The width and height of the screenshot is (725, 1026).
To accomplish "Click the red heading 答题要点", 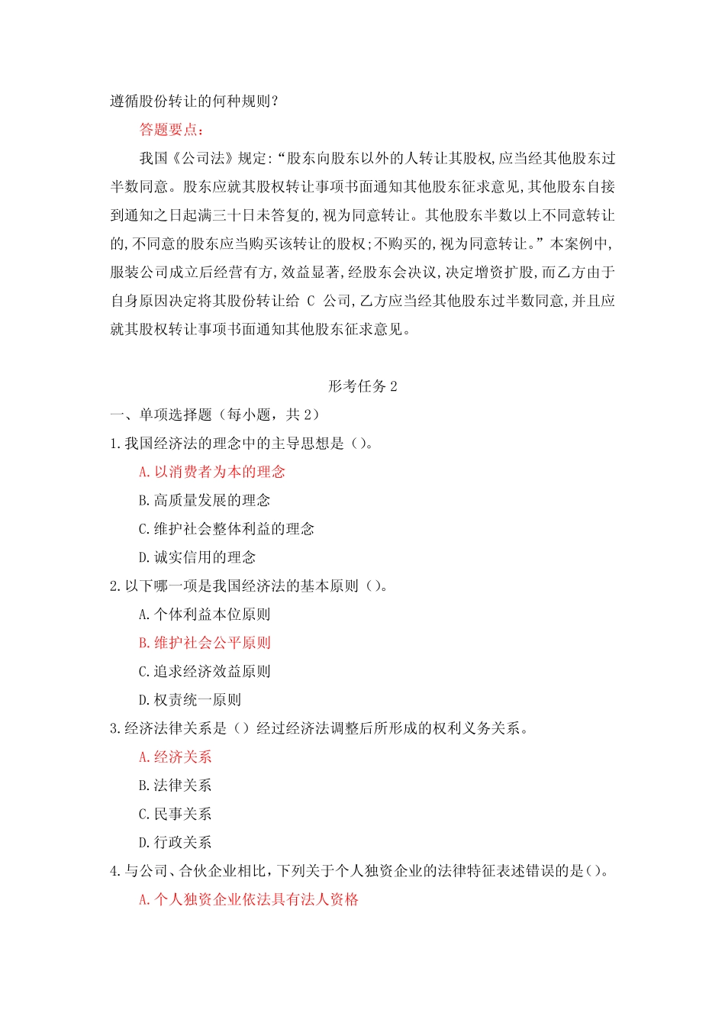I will (171, 130).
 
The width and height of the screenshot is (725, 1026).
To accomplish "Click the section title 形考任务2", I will (362, 386).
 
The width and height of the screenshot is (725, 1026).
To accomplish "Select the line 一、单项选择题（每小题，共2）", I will (214, 415).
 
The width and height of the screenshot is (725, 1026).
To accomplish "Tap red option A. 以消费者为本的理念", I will (211, 472).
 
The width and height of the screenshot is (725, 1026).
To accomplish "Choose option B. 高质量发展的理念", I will (204, 500).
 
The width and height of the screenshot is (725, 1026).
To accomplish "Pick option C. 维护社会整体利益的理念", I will (226, 529).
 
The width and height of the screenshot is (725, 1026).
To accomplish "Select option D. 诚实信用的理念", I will (197, 557).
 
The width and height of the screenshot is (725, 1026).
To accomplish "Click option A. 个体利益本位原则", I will (204, 615).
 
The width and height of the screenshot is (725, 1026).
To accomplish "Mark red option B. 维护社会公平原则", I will (204, 643).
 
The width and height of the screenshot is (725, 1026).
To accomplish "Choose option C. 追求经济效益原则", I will (204, 672).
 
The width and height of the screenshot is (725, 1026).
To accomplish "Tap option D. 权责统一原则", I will (189, 700).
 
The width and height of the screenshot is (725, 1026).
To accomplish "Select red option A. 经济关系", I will (175, 757).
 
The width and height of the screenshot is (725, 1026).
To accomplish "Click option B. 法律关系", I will (175, 786).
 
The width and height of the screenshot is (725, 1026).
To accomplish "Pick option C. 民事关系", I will (175, 815).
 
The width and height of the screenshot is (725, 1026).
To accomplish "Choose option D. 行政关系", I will (175, 843).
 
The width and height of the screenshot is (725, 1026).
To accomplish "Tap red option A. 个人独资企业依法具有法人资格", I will (248, 900).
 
